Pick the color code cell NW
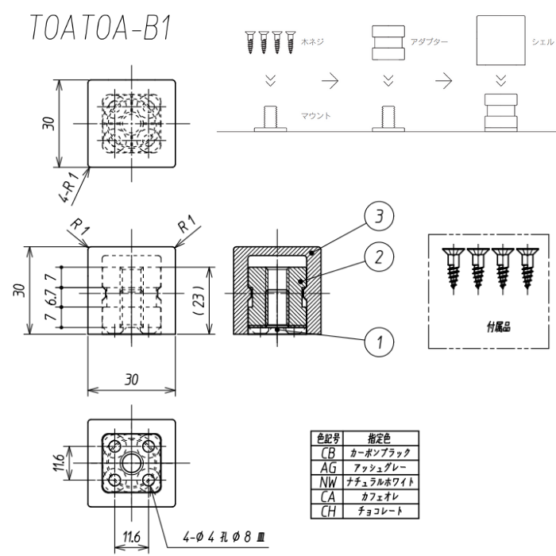click(325, 482)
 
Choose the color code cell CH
click(325, 513)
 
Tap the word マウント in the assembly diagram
click(316, 116)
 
